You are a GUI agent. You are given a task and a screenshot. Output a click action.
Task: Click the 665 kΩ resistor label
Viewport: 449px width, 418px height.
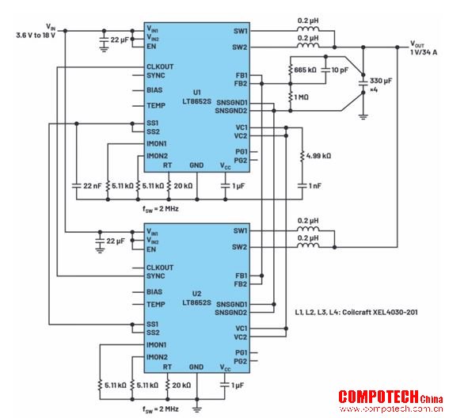[x=305, y=70]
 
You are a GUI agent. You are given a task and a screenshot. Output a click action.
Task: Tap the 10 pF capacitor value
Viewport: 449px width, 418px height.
[x=340, y=70]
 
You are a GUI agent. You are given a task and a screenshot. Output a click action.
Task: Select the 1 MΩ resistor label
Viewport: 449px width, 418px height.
[x=301, y=97]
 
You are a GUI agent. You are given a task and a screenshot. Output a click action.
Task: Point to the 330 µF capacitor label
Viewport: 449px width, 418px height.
[x=381, y=81]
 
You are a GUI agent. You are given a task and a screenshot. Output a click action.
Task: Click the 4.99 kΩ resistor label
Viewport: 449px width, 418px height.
[x=318, y=156]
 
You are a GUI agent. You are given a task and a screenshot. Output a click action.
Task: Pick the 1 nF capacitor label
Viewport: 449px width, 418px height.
[x=315, y=186]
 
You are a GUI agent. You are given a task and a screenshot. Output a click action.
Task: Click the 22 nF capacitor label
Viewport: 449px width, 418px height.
[x=92, y=186]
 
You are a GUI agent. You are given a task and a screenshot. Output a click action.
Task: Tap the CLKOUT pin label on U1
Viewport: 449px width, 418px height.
[x=160, y=66]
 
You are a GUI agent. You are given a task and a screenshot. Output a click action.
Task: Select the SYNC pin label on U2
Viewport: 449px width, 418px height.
[x=156, y=276]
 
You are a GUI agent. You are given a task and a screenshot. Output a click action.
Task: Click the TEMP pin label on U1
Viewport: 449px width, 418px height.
[x=156, y=105]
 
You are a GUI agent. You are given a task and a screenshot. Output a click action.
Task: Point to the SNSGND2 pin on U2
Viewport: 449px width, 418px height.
[x=231, y=313]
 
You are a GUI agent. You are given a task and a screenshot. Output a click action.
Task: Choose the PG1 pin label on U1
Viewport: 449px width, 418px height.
[x=242, y=152]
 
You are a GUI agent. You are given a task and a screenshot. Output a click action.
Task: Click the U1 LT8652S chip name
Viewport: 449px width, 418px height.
[x=196, y=97]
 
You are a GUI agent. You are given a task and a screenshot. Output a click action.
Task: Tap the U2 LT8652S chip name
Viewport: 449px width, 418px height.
[x=196, y=298]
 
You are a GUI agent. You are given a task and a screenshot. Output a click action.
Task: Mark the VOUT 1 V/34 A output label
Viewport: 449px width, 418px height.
[x=424, y=47]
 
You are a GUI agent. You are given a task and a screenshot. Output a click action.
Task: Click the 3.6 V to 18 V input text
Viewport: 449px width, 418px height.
[x=36, y=36]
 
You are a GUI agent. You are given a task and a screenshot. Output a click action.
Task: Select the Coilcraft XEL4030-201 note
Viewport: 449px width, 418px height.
[x=356, y=312]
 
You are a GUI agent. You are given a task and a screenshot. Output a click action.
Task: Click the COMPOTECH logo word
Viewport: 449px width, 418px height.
[x=379, y=397]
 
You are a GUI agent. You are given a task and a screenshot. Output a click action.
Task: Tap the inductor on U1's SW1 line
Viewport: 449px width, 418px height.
[x=308, y=28]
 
